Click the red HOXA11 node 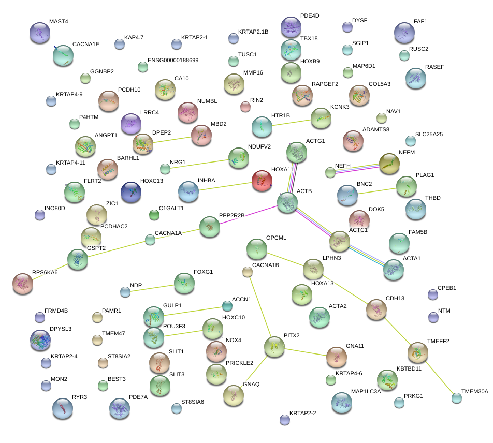pos(262,181)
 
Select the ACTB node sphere pos(287,203)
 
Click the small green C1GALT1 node pos(154,214)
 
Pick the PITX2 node pos(274,347)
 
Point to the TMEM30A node pos(456,398)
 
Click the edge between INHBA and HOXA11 pos(225,186)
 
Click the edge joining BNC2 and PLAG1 pos(376,190)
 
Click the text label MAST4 pos(59,22)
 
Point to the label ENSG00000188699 pos(173,61)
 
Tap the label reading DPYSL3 pos(61,329)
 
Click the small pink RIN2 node pos(245,107)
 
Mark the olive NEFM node pos(389,164)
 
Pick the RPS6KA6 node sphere pos(23,283)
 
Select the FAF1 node pos(404,33)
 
